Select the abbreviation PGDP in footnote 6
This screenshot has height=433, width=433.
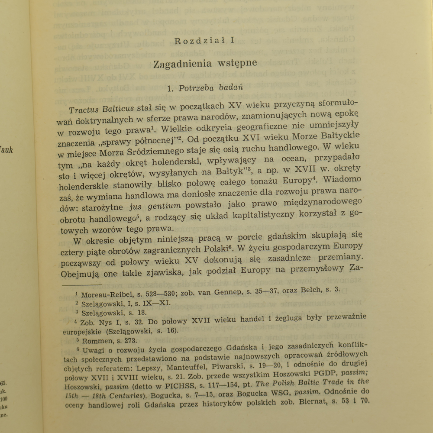291,375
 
